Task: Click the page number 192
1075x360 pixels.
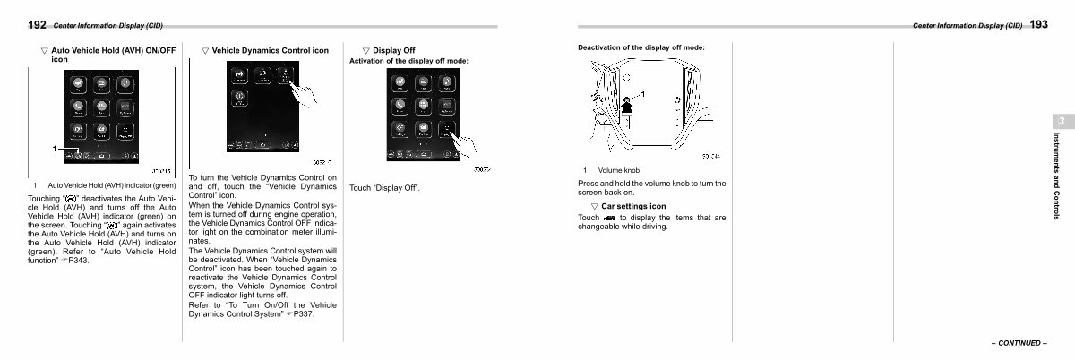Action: (x=38, y=26)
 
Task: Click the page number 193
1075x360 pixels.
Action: (x=1038, y=25)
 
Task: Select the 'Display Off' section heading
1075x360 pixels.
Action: (x=393, y=51)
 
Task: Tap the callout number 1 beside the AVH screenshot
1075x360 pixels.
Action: (x=56, y=149)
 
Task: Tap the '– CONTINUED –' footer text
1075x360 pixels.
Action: (x=1018, y=343)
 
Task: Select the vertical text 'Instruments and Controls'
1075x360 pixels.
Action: (x=1057, y=176)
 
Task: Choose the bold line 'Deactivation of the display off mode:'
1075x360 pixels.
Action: (x=641, y=47)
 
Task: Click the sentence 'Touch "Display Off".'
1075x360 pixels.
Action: (x=384, y=188)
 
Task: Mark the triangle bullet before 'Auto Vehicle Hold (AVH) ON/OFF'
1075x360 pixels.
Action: (x=44, y=51)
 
